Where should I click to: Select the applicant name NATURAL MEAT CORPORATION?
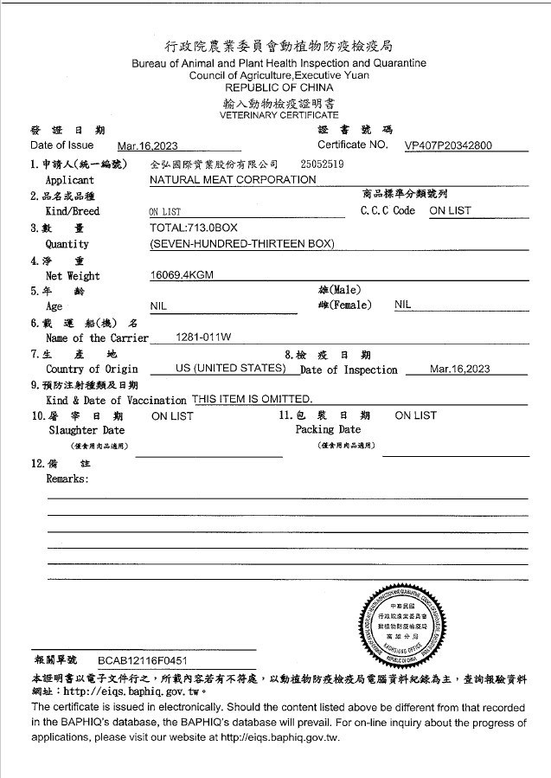pos(233,179)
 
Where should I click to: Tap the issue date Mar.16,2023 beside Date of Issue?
pos(147,146)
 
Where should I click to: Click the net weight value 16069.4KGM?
pos(182,274)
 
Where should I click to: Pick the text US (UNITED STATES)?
pos(230,369)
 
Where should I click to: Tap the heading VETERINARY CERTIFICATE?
pos(279,115)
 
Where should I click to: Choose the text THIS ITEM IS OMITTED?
pos(252,399)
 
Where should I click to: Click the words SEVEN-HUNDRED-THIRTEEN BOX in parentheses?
pos(241,243)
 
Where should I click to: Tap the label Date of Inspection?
pos(349,370)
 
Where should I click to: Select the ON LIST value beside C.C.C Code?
pos(450,210)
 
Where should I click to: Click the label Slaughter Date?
pos(86,430)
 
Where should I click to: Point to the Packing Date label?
pos(328,429)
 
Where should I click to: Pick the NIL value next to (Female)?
pos(403,305)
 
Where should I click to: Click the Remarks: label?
pos(67,479)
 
